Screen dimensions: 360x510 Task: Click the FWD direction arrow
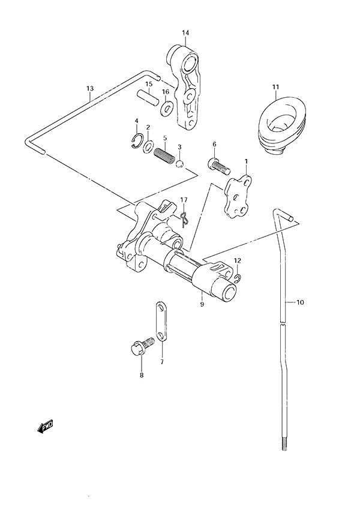[45, 427]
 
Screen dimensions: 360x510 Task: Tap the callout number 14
[185, 33]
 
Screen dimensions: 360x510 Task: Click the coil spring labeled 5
[164, 157]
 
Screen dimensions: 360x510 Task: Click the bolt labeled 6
[218, 166]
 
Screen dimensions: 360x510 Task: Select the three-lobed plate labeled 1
[239, 197]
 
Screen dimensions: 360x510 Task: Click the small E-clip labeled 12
[238, 277]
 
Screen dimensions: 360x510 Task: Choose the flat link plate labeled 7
[161, 322]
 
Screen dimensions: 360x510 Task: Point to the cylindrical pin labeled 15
[148, 97]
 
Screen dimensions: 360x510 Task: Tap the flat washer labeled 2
[148, 146]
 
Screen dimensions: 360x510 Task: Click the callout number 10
[300, 302]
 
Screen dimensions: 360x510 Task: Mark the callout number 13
[90, 88]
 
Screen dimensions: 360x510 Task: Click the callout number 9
[202, 304]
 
